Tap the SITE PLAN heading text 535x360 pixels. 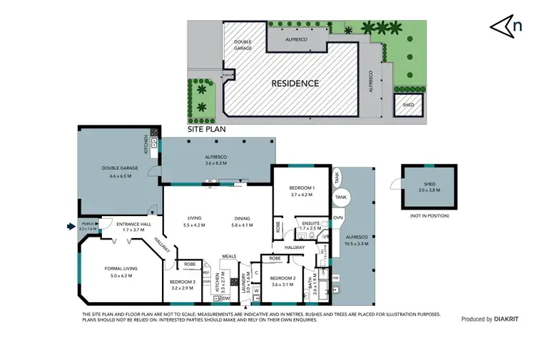click(x=205, y=130)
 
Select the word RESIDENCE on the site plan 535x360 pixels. click(x=295, y=83)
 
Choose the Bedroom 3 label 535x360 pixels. click(x=183, y=284)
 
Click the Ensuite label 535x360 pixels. click(x=311, y=225)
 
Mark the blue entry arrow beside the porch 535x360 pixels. click(x=69, y=227)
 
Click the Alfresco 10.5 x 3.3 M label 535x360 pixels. click(x=355, y=239)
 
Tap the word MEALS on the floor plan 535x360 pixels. click(x=229, y=255)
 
